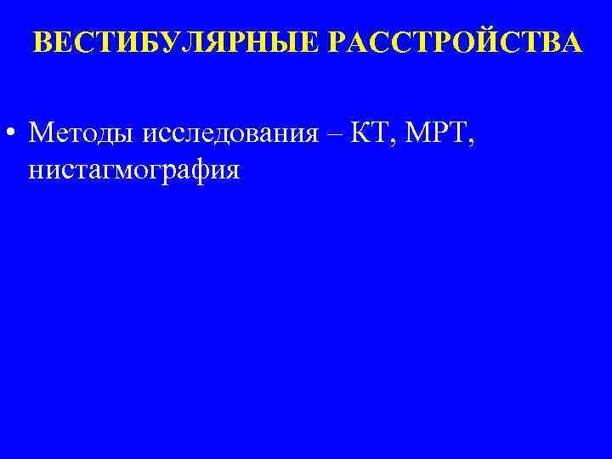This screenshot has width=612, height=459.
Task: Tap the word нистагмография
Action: tap(134, 169)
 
